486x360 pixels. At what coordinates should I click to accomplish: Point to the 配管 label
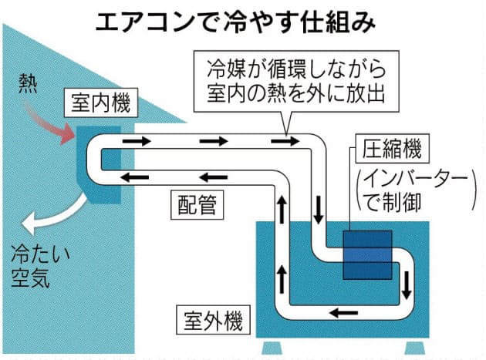(x=198, y=204)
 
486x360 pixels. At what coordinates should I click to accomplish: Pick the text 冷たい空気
(x=32, y=266)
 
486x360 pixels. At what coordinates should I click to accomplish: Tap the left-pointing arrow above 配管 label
(x=137, y=177)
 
